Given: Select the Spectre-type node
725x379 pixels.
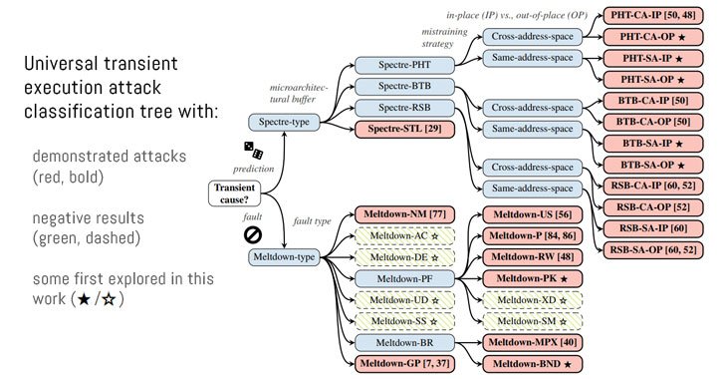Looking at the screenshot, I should pyautogui.click(x=286, y=121).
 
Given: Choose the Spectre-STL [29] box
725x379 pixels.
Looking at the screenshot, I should pyautogui.click(x=393, y=129).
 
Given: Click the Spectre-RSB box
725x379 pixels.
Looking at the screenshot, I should pyautogui.click(x=392, y=109).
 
